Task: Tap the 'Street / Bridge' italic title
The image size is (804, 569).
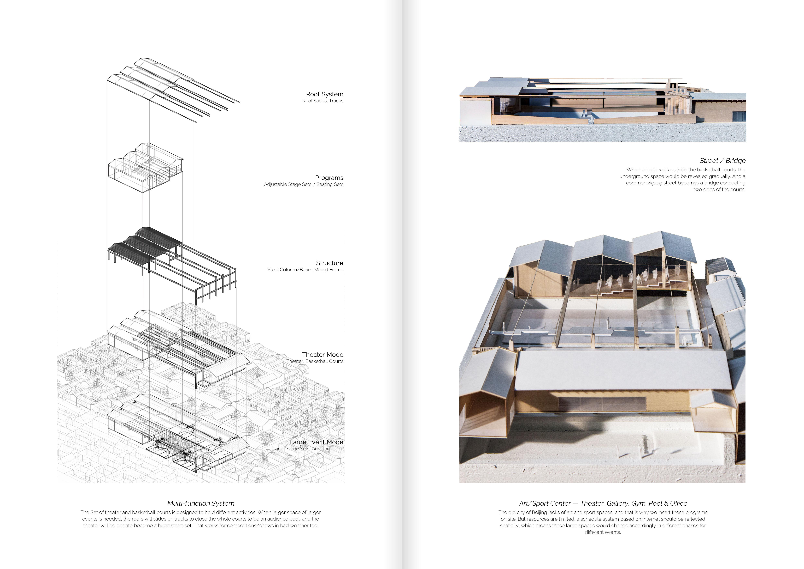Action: click(x=722, y=160)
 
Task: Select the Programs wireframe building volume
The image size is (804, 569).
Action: click(x=145, y=166)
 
